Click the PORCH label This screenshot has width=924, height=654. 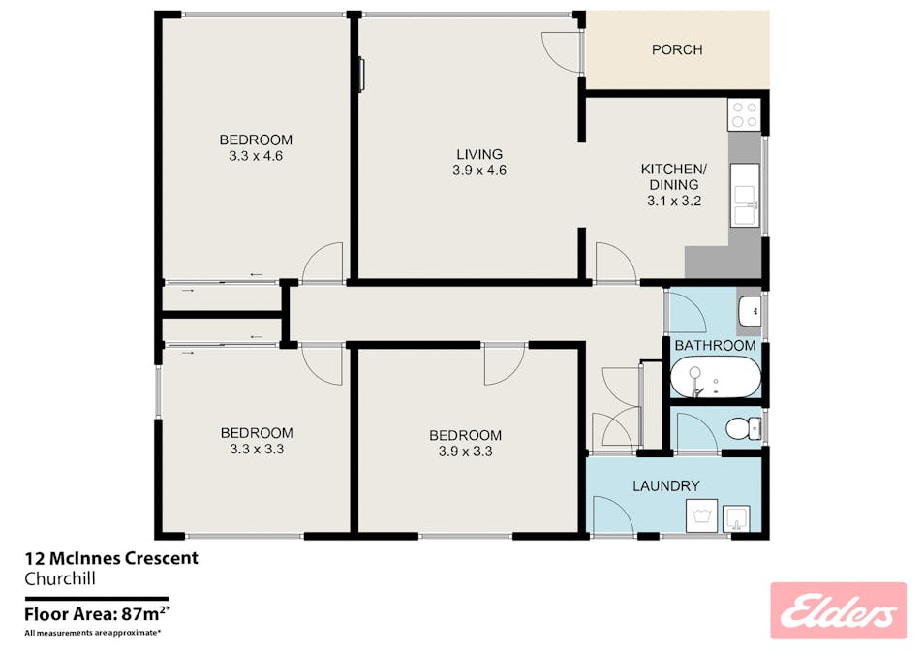676,49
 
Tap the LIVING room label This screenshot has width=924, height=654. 479,154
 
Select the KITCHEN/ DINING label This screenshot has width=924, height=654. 673,177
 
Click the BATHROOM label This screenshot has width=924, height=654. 715,346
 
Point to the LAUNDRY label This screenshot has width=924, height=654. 666,486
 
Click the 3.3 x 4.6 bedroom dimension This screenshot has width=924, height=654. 256,156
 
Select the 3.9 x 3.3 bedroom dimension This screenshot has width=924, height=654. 465,452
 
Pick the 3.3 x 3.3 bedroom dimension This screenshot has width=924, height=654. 257,450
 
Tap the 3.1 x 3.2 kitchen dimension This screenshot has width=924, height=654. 674,202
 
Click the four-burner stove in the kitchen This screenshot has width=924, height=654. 744,114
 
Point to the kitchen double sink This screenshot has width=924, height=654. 745,195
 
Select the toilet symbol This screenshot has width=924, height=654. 743,428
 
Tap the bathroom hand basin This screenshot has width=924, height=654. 750,311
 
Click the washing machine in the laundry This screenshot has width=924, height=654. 701,515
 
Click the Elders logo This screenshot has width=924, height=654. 838,611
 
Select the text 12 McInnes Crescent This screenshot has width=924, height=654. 111,558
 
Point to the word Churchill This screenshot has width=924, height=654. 59,578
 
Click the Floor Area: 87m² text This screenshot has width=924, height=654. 97,614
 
